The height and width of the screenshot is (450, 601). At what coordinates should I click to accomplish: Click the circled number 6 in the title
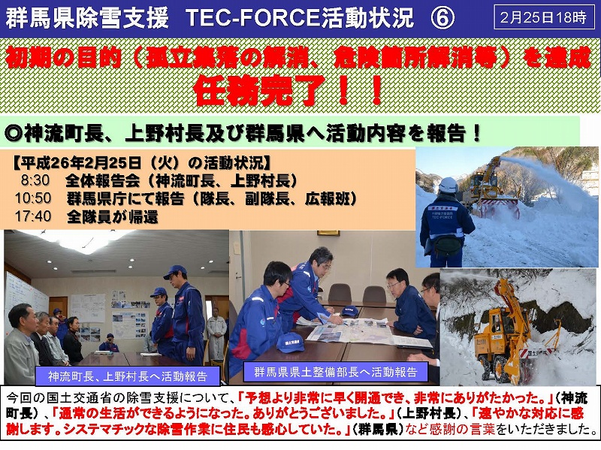442,18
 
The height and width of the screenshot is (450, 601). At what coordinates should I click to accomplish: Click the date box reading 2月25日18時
543,17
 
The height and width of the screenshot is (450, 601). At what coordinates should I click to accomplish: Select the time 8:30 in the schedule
35,180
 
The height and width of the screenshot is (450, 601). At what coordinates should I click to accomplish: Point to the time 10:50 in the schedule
33,198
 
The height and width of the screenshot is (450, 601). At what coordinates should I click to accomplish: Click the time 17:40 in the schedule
33,216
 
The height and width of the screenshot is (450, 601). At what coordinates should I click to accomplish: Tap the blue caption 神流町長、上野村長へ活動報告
128,376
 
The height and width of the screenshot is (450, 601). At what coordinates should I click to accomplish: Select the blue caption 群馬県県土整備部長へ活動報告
336,372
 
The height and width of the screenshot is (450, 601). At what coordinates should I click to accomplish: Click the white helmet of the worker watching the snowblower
448,185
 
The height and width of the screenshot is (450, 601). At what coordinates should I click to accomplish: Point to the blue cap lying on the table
290,343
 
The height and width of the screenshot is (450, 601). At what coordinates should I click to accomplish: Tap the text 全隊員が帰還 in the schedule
112,216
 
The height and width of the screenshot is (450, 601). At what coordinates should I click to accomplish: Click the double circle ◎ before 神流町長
14,133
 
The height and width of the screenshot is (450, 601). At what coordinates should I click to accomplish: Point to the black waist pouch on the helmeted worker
447,246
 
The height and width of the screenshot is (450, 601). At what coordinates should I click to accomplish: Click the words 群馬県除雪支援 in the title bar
87,18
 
